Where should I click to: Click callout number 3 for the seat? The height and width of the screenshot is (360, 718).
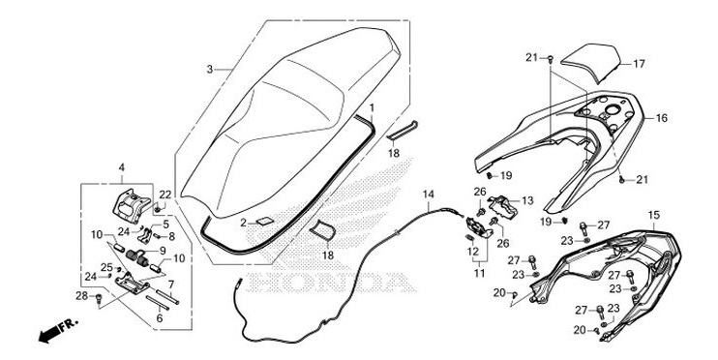coord(210,70)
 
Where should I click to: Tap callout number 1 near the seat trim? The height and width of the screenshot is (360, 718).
coord(373,104)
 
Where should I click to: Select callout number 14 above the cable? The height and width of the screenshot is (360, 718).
coord(429,195)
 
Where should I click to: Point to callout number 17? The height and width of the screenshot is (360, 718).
coord(638,65)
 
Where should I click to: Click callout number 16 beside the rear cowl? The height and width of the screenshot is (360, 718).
coord(662,118)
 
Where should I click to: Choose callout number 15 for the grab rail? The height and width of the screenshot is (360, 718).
coord(653,214)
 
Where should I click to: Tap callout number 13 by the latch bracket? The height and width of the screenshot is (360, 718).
coord(526,200)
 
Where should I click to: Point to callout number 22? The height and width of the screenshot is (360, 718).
coord(165,195)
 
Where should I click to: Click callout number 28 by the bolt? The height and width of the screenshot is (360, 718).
coord(82,294)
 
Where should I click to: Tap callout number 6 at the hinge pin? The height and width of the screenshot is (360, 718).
coord(160,316)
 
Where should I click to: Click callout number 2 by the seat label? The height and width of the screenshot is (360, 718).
coord(244,223)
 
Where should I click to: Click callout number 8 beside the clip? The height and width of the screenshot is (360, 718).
coord(171,235)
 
